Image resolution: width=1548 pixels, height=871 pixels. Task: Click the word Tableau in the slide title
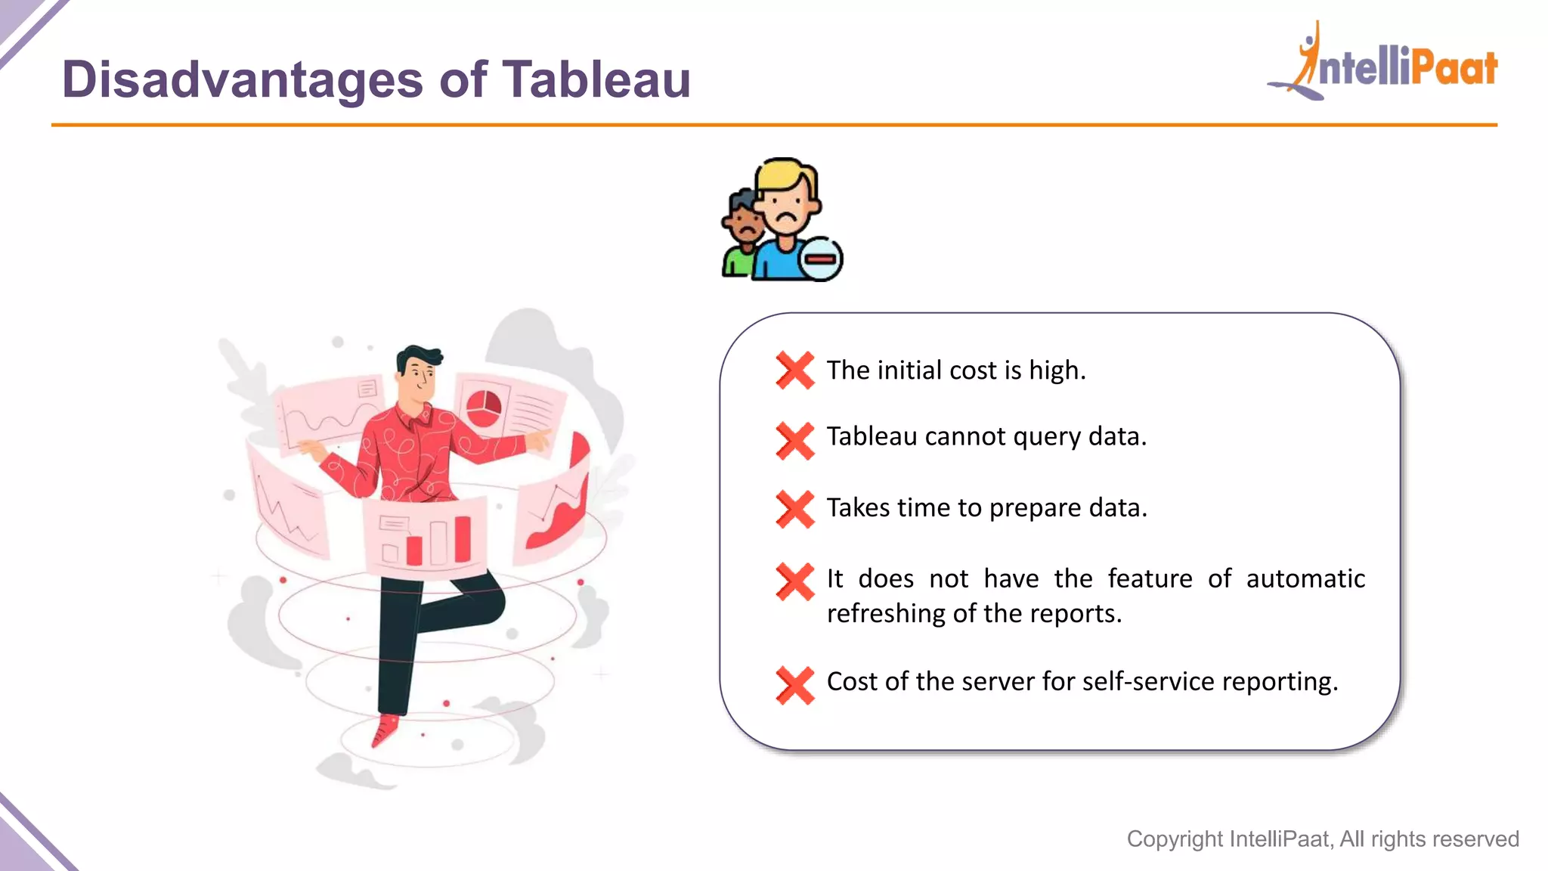[x=596, y=79]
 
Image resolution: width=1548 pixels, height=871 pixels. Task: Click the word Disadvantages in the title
[x=242, y=79]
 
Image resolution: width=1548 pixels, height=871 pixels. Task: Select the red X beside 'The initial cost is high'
[x=795, y=370]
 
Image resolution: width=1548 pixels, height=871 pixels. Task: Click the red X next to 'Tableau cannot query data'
[x=795, y=441]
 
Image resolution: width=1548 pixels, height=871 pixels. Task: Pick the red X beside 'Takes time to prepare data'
[x=795, y=509]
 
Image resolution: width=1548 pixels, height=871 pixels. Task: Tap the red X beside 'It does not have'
[x=795, y=581]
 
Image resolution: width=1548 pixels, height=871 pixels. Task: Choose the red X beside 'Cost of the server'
[x=795, y=685]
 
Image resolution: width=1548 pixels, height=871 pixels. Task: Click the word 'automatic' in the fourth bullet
[x=1305, y=579]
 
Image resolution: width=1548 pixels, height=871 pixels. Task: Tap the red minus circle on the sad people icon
[x=822, y=259]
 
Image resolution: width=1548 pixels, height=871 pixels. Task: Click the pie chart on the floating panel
[x=483, y=408]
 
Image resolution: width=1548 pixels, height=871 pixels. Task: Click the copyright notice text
[x=1323, y=838]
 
